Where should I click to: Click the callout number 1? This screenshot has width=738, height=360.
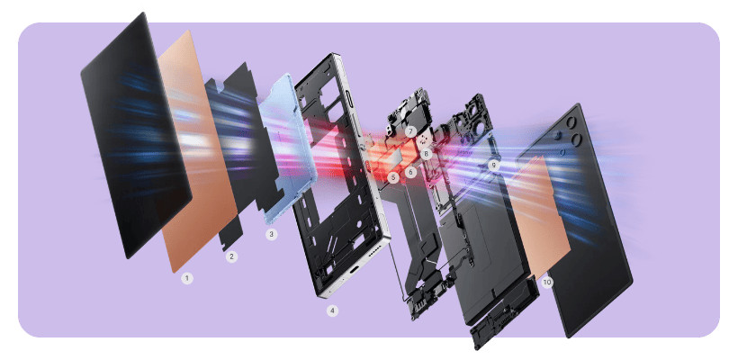pos(187,279)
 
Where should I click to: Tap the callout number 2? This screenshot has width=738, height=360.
pos(231,256)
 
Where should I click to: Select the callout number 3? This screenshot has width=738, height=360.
pos(271,234)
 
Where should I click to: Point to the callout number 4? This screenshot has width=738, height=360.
pos(333,310)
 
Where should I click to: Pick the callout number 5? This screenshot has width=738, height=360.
pos(393,177)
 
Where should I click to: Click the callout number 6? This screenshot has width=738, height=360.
pos(410,172)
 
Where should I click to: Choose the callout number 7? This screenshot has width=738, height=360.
pos(411,131)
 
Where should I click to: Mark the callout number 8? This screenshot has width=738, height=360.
pos(426,153)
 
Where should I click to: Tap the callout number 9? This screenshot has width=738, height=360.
pos(493,165)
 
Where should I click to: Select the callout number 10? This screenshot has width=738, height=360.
pos(546,282)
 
